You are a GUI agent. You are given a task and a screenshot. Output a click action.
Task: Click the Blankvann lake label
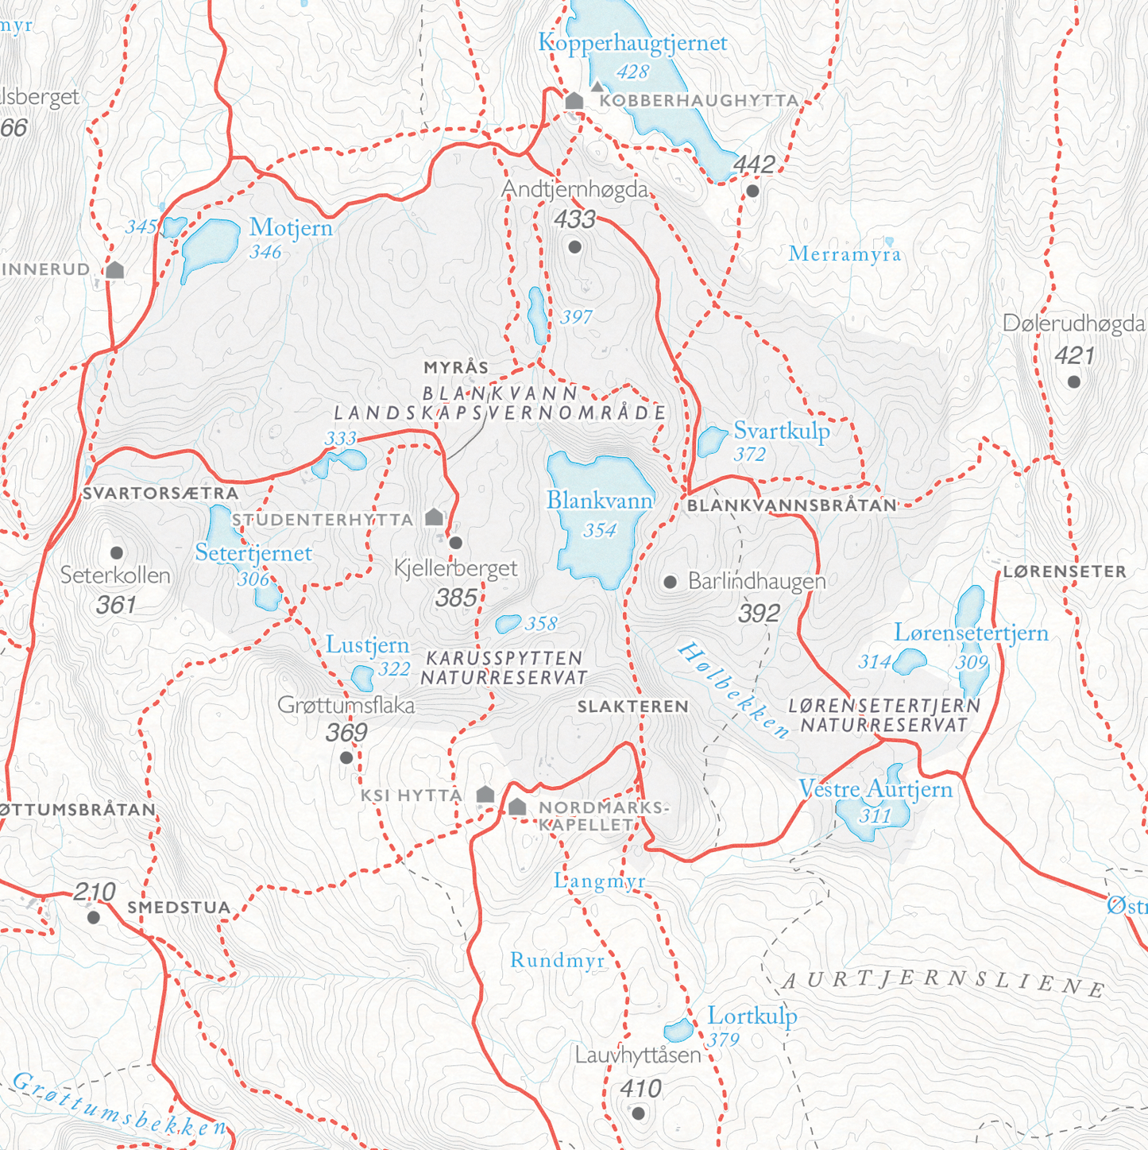tap(600, 501)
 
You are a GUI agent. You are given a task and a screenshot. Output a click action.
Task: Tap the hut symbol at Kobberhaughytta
tap(574, 101)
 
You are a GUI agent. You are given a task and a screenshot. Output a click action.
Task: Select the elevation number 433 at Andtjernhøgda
tap(575, 219)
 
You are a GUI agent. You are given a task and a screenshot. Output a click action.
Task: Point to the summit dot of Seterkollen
tap(117, 552)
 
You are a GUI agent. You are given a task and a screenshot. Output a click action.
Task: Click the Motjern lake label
tap(291, 228)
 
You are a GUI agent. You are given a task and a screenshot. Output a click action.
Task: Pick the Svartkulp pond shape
tap(711, 441)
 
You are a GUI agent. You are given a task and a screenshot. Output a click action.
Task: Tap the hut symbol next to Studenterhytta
tap(434, 517)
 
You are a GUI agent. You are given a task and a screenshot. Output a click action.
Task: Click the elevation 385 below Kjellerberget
tap(456, 598)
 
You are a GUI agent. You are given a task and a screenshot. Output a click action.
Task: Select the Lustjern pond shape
tap(363, 678)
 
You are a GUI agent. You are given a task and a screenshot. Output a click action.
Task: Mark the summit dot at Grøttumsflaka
tap(346, 757)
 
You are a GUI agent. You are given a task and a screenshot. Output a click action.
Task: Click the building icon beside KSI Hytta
tap(485, 794)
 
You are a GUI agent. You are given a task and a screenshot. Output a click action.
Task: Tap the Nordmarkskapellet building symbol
tap(517, 807)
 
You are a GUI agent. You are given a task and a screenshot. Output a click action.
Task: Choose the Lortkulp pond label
tap(752, 1016)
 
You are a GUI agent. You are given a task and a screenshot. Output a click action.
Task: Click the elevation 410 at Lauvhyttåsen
tap(640, 1089)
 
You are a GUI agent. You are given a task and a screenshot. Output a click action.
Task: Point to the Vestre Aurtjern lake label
tap(875, 789)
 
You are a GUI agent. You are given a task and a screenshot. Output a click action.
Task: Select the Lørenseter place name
tap(1065, 571)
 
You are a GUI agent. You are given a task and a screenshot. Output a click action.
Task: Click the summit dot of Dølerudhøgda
tap(1074, 381)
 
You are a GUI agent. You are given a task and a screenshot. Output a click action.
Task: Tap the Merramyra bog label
tap(845, 254)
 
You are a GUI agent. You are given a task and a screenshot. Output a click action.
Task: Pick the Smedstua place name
tap(179, 908)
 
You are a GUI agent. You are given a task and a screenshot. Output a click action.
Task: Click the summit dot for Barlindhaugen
tap(671, 582)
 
